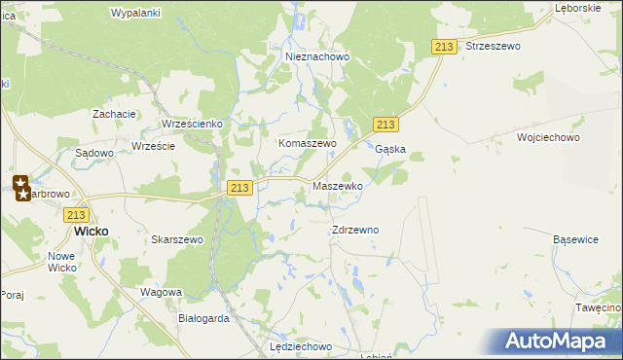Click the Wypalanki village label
pos(135,13)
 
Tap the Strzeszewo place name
pos(494,46)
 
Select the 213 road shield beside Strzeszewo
pos(444,48)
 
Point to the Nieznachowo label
pos(317,57)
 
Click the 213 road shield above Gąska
pos(385,125)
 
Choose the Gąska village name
pos(390,150)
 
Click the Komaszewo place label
pos(308,143)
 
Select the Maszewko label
pos(338,185)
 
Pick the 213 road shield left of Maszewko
pos(240,187)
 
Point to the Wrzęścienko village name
pos(193,125)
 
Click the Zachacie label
pos(114,114)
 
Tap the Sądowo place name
pos(95,154)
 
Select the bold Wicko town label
pos(92,233)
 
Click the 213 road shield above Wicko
pos(78,215)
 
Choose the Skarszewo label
pos(177,239)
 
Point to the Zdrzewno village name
pos(355,231)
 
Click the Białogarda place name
pos(203,318)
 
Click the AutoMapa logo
pos(562,342)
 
